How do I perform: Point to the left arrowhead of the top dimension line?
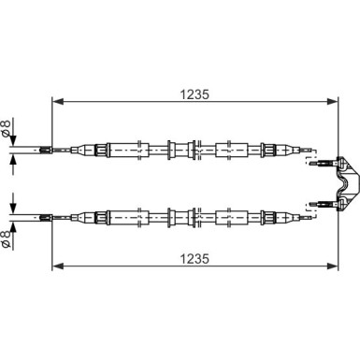[56, 103]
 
